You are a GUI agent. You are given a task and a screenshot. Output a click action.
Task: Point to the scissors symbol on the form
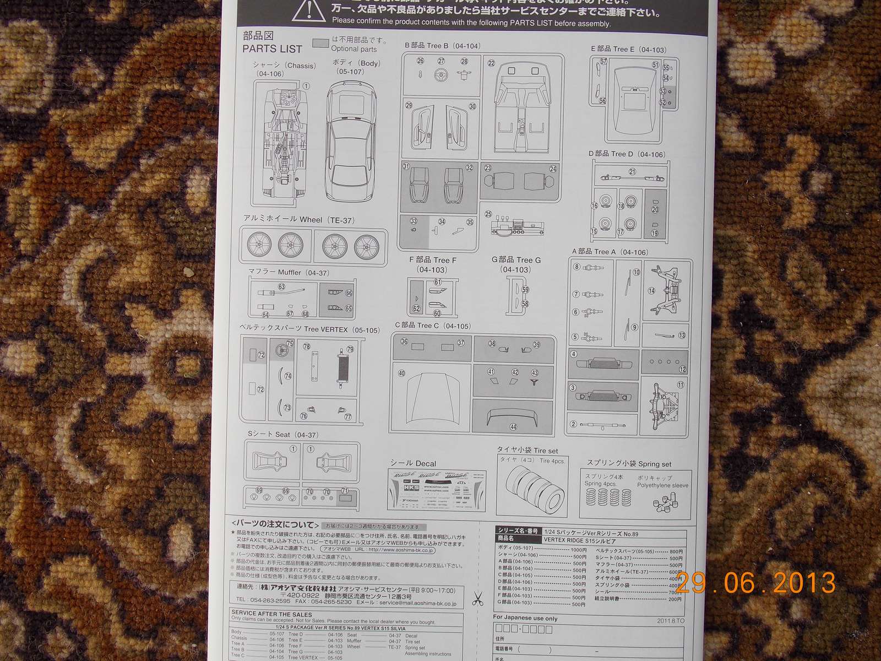pyautogui.click(x=477, y=599)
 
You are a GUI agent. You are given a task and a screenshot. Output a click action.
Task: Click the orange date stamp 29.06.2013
pyautogui.click(x=755, y=582)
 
